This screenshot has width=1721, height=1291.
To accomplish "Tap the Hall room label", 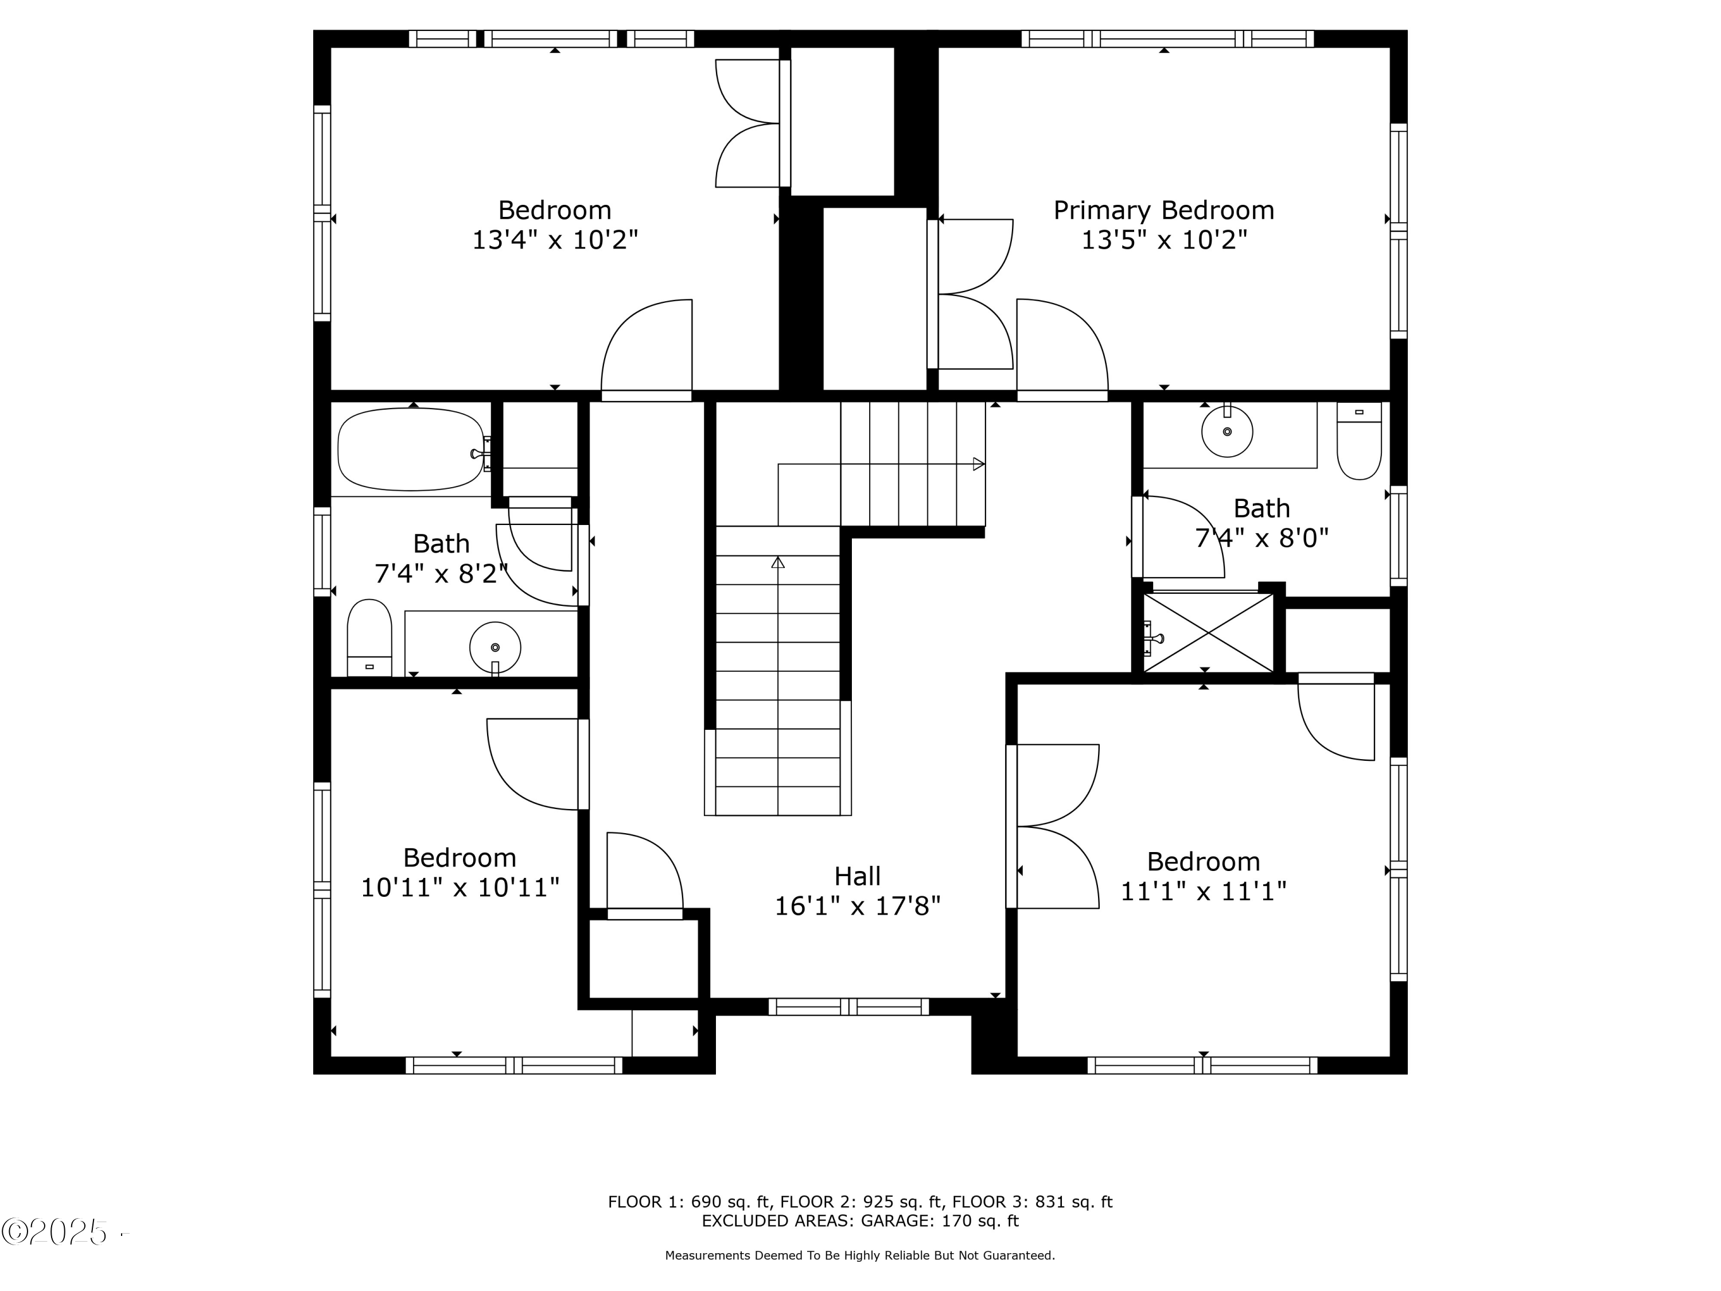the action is (858, 876).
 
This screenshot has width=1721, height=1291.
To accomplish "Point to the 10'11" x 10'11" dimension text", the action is (460, 887).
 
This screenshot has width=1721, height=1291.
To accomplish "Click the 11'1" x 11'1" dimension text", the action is (1203, 891).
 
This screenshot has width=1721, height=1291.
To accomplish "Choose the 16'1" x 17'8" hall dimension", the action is (858, 906).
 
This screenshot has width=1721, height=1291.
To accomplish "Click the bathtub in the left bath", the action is (411, 450).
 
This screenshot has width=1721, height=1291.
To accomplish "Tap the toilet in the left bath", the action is (369, 637).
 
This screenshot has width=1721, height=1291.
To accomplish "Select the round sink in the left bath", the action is (495, 647).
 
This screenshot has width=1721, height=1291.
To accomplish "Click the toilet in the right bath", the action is (1359, 441).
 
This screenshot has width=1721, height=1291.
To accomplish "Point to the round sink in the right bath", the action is (1227, 431).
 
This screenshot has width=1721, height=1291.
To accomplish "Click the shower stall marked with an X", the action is (1208, 633).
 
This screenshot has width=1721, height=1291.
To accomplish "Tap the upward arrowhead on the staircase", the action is (778, 562).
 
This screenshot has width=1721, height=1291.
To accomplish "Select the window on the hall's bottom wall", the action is (849, 1007).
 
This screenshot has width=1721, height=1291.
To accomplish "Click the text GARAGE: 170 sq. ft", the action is (939, 1221).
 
